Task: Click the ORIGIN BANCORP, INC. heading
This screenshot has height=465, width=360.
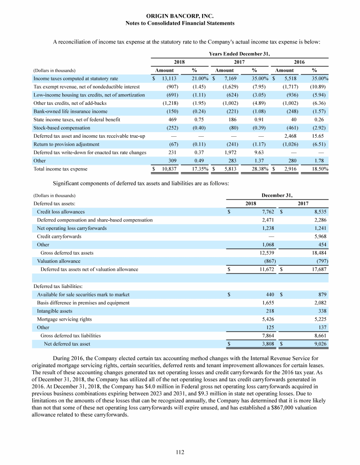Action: coord(180,16)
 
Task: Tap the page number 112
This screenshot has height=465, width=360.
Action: coord(180,452)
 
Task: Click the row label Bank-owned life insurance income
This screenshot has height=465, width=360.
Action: coord(70,111)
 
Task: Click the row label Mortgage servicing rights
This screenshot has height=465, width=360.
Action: coord(64,319)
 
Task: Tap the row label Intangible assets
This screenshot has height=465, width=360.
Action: coord(55,310)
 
